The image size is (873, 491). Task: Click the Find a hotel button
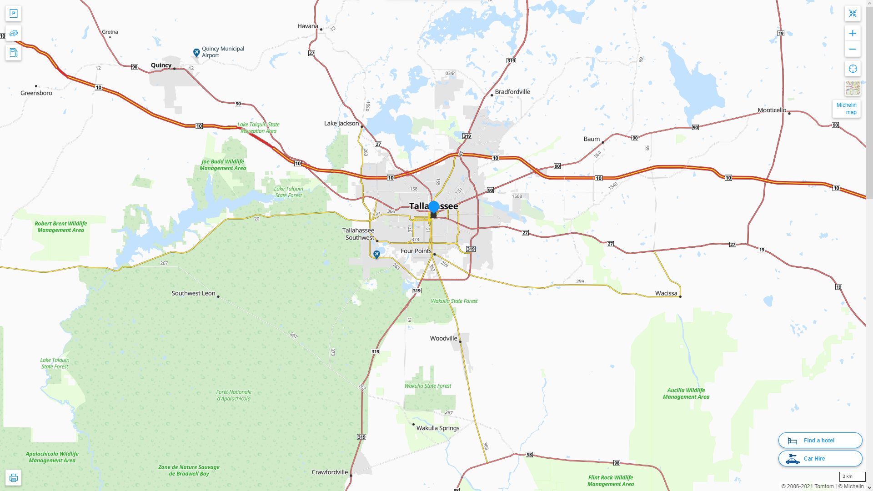point(820,440)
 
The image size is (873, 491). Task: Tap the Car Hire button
point(820,458)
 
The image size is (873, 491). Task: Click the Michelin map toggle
point(846,109)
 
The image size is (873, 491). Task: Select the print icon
point(13,478)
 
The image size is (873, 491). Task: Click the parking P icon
point(13,14)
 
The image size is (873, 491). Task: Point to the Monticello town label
point(772,110)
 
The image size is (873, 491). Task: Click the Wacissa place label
point(666,293)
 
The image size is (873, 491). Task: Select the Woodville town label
point(443,338)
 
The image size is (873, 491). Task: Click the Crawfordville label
point(330,472)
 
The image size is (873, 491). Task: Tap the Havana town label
point(307,26)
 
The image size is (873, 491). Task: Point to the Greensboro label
point(36,93)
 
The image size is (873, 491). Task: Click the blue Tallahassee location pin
point(434,207)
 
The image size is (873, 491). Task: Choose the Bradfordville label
point(512,92)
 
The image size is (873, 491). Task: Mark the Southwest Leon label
point(193,293)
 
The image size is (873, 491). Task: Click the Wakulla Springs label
point(438,428)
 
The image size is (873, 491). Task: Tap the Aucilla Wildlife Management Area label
point(686,393)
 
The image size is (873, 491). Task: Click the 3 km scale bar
point(852,477)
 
